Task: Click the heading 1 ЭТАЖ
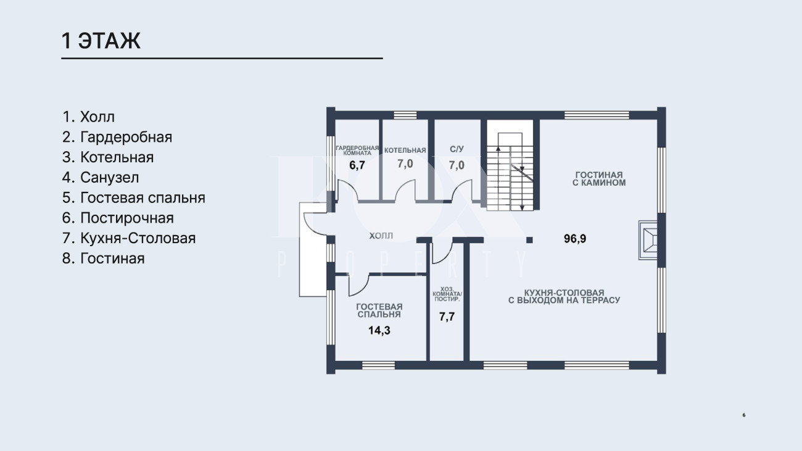point(101,41)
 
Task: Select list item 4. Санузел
point(101,178)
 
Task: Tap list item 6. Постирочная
point(118,218)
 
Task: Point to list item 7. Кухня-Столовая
point(129,238)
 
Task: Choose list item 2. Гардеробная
point(117,137)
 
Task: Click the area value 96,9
point(575,239)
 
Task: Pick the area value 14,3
point(379,330)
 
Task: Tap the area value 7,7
point(447,317)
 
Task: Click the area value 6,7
point(357,165)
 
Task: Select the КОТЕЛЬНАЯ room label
point(405,151)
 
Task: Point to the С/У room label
point(457,149)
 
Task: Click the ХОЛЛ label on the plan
point(381,236)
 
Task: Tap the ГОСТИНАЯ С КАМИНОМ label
point(599,179)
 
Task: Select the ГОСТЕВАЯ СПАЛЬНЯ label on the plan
point(379,311)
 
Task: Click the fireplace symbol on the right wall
point(648,240)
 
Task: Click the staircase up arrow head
point(498,148)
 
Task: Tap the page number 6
point(743,415)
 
